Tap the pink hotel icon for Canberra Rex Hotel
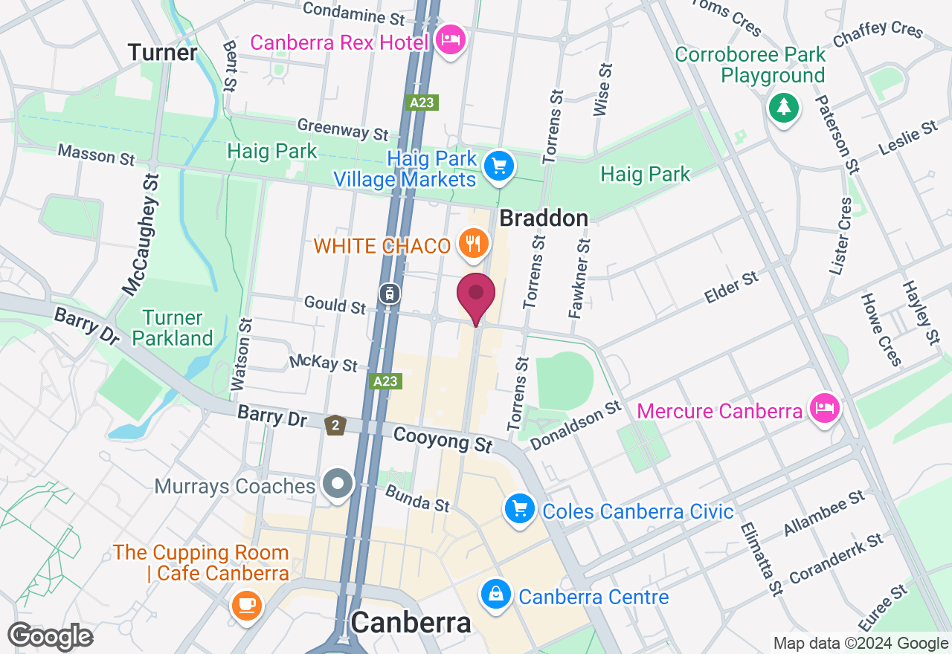click(450, 39)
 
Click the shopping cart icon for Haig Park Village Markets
click(499, 166)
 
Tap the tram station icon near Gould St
click(388, 293)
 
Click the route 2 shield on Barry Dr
click(336, 425)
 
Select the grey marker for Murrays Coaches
click(339, 484)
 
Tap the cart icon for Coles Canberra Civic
click(519, 510)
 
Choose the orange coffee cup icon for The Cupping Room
click(246, 603)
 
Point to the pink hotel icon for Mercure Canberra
click(825, 408)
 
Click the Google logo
click(51, 637)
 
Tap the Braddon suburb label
click(544, 218)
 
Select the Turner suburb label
click(162, 53)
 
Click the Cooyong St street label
click(443, 439)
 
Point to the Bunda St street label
click(417, 499)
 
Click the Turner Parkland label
click(173, 328)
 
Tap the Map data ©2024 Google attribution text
click(861, 644)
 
